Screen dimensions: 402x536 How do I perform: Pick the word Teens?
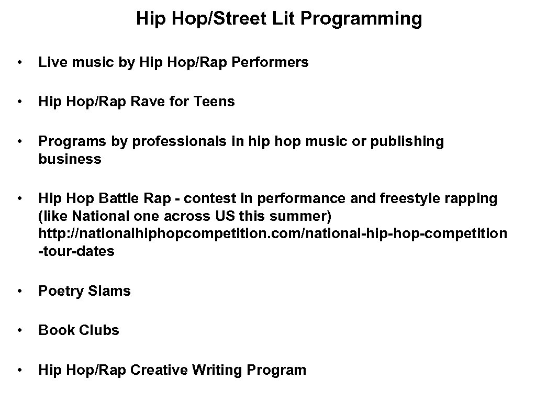(215, 102)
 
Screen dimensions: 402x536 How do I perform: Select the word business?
(70, 159)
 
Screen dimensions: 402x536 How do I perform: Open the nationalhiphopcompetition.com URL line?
(273, 234)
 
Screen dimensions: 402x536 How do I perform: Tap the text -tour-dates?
(76, 251)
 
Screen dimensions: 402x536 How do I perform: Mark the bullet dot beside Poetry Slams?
(20, 292)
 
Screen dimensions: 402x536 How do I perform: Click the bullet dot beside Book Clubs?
(20, 331)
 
